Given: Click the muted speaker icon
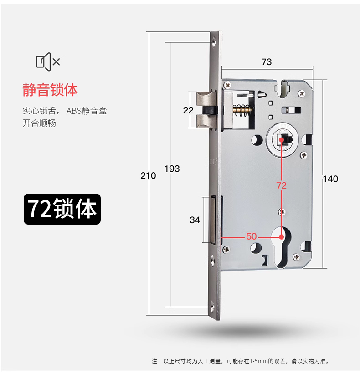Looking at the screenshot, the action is (x=48, y=61).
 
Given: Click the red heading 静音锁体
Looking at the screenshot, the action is (x=50, y=89).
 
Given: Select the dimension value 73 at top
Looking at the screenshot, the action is (x=267, y=62).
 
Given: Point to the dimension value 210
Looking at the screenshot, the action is (x=149, y=176).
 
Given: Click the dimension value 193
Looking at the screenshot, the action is (x=172, y=169).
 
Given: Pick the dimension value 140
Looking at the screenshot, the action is (x=330, y=179).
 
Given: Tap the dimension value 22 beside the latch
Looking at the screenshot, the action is (x=188, y=110).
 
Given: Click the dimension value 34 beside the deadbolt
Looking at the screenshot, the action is (x=195, y=220).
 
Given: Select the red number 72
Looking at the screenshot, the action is (x=282, y=185).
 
